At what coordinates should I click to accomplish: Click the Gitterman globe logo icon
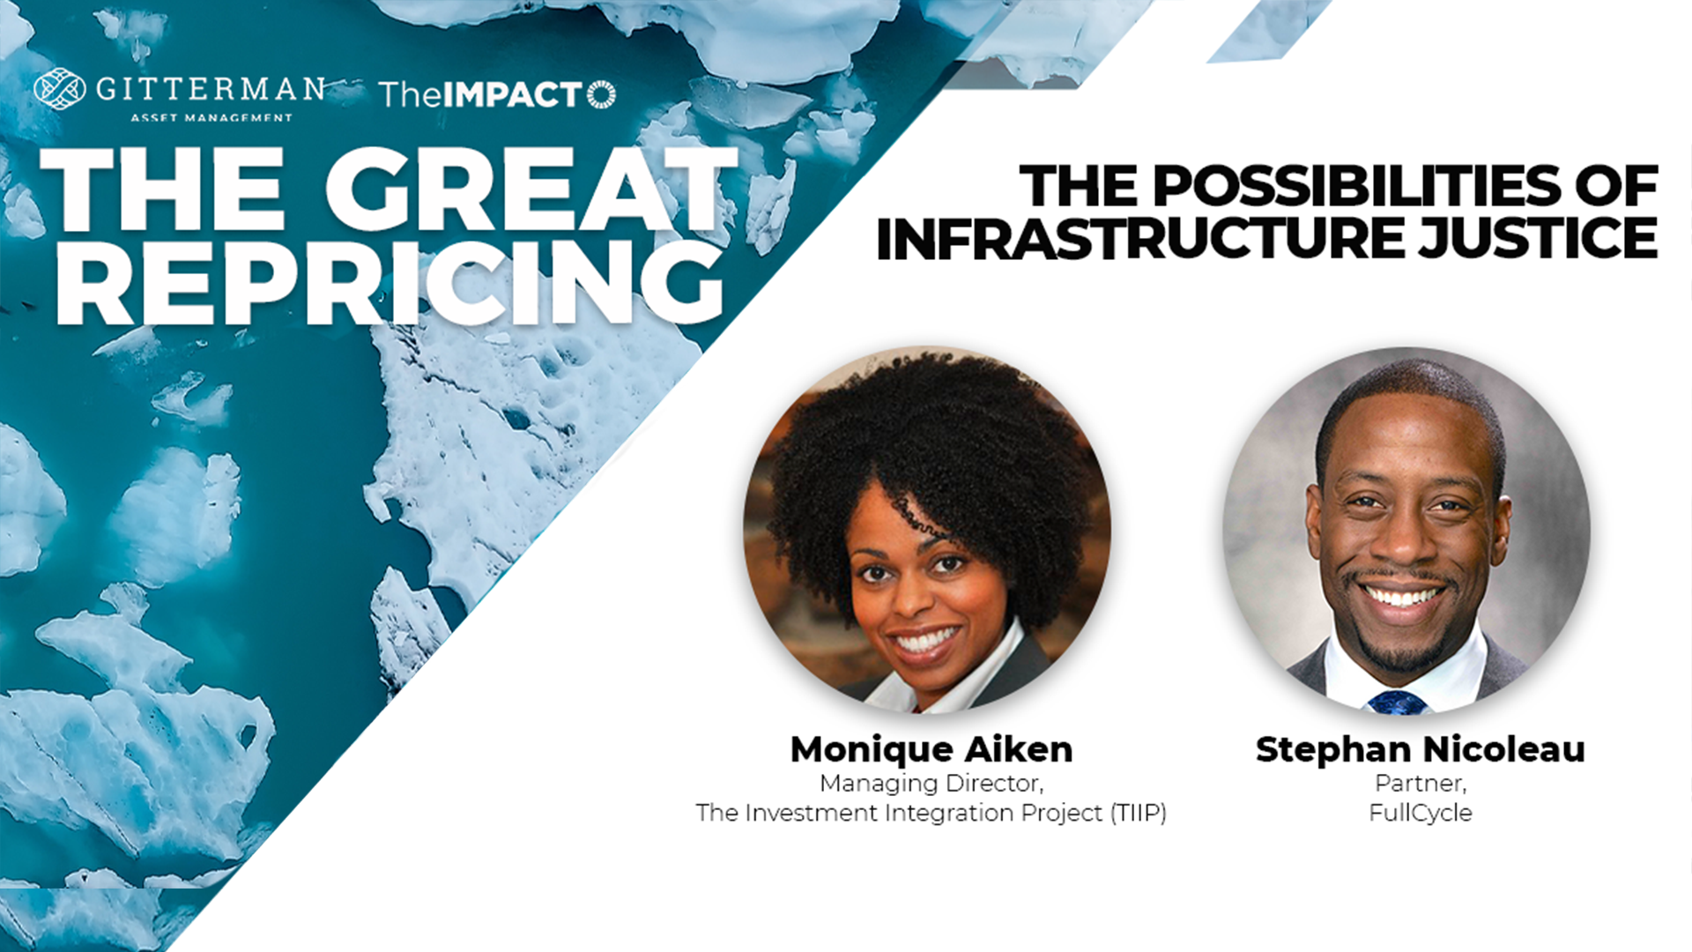pos(60,89)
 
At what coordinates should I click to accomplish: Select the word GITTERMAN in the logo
pos(211,89)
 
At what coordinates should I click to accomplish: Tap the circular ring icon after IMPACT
pos(601,94)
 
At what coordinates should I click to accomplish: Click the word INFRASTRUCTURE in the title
pos(1140,237)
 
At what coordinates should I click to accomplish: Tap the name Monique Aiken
pos(931,749)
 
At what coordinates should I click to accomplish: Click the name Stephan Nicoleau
pos(1421,749)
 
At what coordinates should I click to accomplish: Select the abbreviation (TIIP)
pos(1139,813)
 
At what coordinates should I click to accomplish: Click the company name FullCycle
pos(1421,813)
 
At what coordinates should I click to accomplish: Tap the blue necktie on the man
pos(1398,702)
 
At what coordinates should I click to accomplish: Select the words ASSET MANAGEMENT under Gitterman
pos(211,117)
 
